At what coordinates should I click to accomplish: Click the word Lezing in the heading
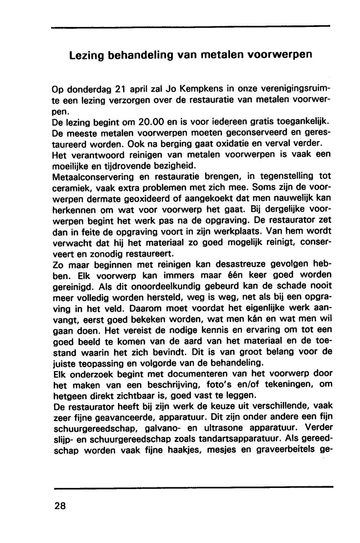(x=87, y=56)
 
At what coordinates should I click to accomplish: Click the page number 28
(x=60, y=506)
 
